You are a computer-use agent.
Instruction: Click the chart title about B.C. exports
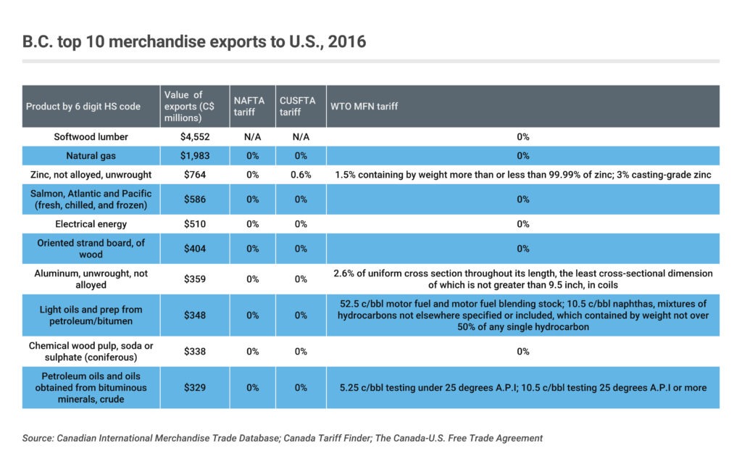pos(194,41)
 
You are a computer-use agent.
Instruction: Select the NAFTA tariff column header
pos(249,106)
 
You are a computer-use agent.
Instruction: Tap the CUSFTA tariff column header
pos(297,106)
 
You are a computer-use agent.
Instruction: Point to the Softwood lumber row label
pos(91,136)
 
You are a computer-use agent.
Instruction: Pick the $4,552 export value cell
pos(195,136)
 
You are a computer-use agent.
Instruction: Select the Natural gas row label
pos(91,155)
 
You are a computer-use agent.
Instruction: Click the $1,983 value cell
pos(195,155)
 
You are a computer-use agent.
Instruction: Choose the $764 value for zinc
pos(195,175)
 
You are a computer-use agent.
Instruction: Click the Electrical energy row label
pos(91,224)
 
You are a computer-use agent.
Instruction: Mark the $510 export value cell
pos(195,224)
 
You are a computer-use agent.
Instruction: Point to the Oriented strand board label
pos(91,249)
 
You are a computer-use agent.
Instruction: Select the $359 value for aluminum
pos(195,279)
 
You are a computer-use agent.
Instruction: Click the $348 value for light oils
pos(195,315)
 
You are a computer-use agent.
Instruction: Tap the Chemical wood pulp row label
pos(91,352)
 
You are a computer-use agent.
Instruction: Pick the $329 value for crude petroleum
pos(195,388)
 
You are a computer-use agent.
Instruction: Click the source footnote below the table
pos(283,438)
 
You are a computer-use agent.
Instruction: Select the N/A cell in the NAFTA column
pos(252,136)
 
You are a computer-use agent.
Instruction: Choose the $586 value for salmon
pos(195,199)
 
